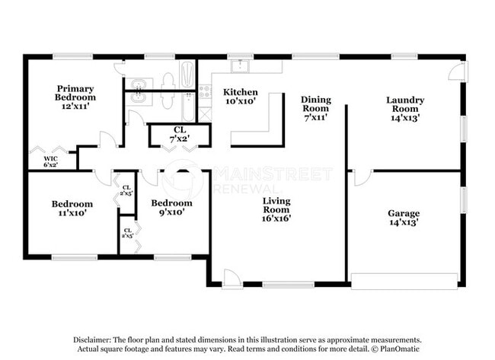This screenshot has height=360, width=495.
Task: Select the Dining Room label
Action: [x=315, y=109]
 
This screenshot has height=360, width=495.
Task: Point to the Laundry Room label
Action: [x=405, y=109]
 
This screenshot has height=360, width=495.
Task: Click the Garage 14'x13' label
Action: [x=403, y=218]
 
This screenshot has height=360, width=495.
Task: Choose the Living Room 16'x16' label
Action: [x=276, y=209]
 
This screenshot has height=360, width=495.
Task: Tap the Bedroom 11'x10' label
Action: [x=72, y=209]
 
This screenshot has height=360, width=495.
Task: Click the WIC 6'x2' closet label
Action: [x=50, y=161]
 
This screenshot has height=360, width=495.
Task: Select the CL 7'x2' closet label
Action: [x=180, y=134]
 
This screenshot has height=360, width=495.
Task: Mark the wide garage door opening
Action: [x=404, y=283]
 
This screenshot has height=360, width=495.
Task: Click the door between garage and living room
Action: [x=361, y=177]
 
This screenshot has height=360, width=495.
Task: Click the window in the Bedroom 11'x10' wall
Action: [x=74, y=257]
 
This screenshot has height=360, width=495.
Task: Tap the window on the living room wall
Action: [x=287, y=285]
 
